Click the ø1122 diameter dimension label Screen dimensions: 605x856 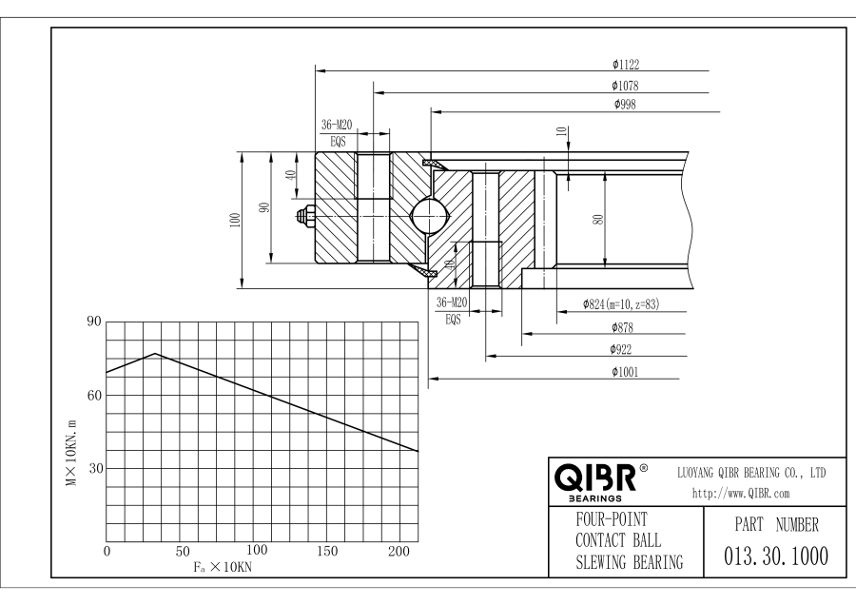point(625,65)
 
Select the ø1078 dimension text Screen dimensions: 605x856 point(625,87)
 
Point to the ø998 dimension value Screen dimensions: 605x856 point(625,104)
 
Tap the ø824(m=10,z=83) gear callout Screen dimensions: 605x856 point(619,305)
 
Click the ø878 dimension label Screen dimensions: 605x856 point(625,327)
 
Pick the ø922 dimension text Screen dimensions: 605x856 point(625,349)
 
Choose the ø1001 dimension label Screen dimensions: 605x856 point(625,372)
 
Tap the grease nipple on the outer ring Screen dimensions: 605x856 point(307,216)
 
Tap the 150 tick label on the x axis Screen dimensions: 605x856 point(327,552)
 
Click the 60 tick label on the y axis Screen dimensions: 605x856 point(93,395)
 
